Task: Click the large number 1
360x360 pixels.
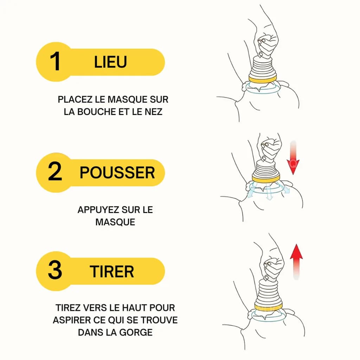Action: [x=55, y=61]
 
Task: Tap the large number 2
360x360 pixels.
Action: [x=55, y=171]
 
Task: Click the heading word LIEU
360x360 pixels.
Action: [x=110, y=62]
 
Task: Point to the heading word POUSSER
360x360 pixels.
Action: [x=117, y=172]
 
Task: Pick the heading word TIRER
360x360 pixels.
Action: [x=112, y=271]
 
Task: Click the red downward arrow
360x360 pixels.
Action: [x=293, y=158]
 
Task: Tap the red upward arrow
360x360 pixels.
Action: [x=296, y=262]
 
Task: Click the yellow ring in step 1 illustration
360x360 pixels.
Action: [x=262, y=79]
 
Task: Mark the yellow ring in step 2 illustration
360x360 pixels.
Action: [x=266, y=178]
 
